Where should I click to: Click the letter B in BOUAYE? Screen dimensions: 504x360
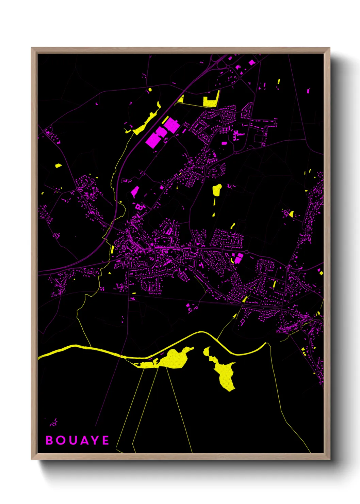click(49, 440)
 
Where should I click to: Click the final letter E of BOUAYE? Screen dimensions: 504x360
click(105, 440)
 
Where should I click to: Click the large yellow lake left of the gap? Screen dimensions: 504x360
click(174, 360)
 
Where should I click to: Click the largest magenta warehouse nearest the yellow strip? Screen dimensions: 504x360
click(172, 125)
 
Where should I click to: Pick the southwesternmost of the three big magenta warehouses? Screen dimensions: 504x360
click(153, 140)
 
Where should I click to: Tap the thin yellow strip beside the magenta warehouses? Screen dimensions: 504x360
click(165, 120)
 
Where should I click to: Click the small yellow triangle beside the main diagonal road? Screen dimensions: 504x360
click(181, 99)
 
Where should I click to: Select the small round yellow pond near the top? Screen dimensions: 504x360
click(150, 90)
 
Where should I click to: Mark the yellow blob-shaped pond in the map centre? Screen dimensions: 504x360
click(217, 190)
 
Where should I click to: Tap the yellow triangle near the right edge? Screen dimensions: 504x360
click(291, 214)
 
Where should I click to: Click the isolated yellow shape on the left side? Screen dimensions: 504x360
click(58, 166)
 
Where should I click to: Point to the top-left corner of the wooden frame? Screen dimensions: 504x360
click(32, 48)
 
